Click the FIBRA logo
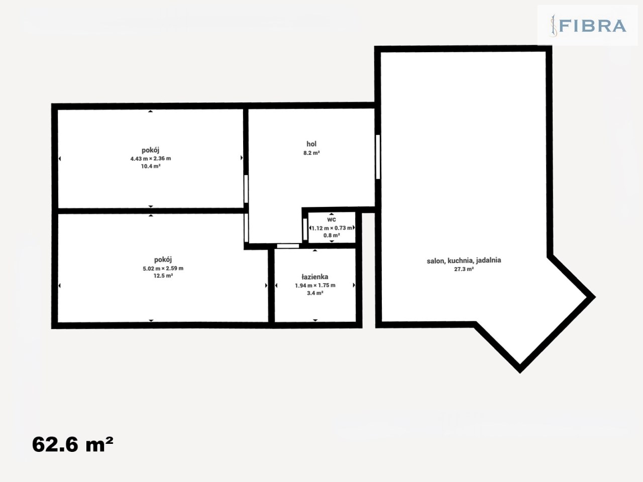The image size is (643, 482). tap(587, 26)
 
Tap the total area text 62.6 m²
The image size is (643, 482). tap(72, 444)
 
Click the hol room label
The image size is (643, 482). tap(311, 144)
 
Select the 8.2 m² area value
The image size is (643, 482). tap(311, 153)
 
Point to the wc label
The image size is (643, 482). tap(332, 219)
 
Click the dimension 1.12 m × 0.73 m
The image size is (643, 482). tap(332, 228)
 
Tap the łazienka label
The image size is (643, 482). tap(315, 277)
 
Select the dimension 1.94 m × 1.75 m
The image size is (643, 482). tap(315, 285)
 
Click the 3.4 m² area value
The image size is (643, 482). tap(315, 293)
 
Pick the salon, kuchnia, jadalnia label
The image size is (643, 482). tap(464, 261)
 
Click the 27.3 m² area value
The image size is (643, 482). tap(464, 269)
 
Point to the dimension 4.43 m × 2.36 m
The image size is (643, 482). tap(151, 159)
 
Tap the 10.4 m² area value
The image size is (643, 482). tap(151, 166)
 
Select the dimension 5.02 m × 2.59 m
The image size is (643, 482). tap(163, 268)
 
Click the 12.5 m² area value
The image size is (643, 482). tap(163, 276)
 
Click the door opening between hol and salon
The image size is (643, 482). tap(378, 157)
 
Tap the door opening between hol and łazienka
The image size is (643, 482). tap(288, 246)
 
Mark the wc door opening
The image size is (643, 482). tap(305, 229)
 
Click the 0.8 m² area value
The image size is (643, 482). tap(332, 235)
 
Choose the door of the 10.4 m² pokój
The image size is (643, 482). tap(246, 189)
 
